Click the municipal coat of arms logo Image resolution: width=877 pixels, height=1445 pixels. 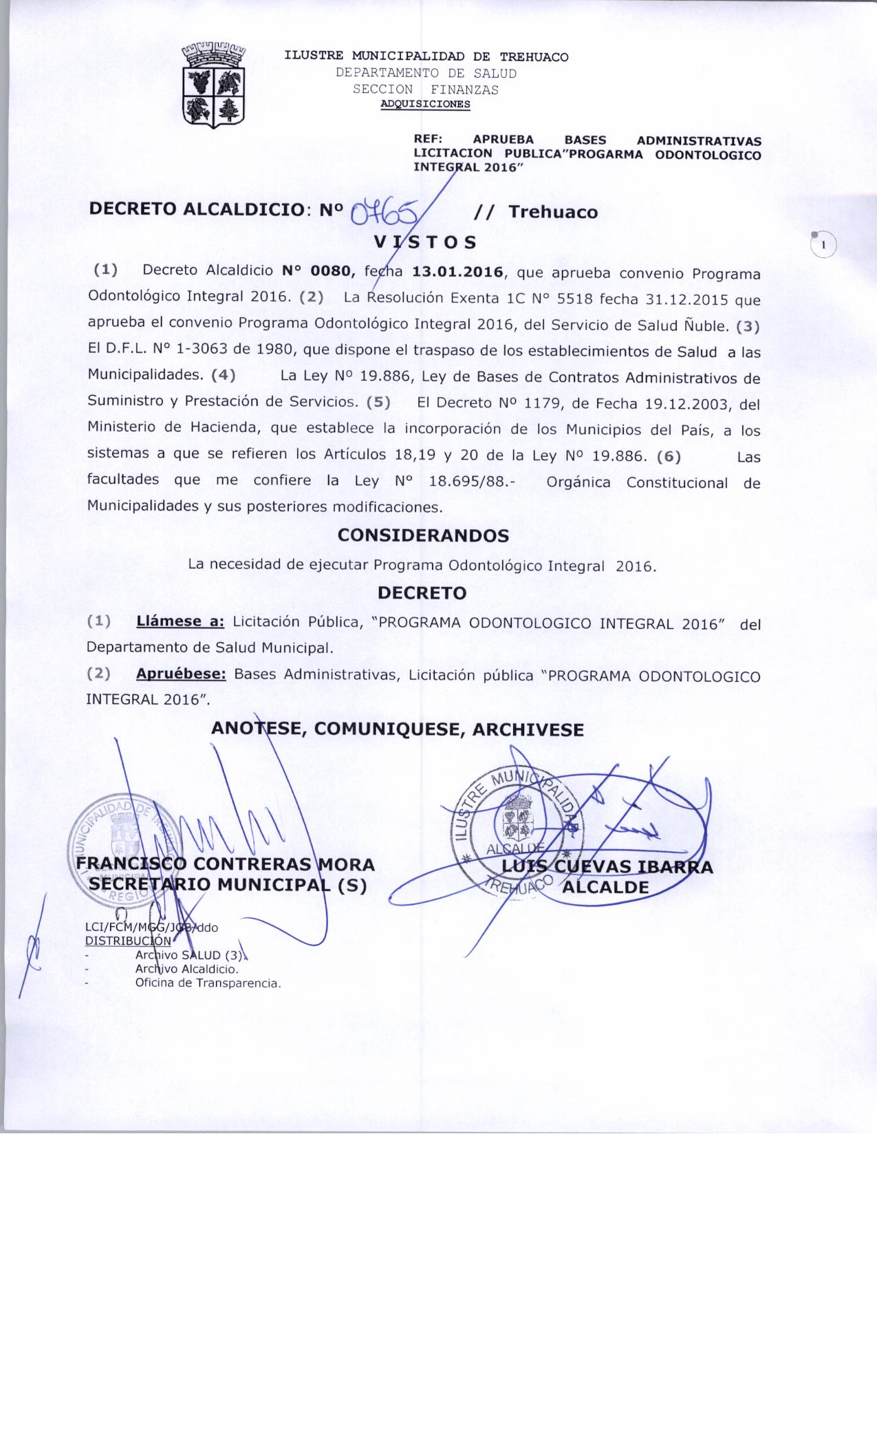pos(214,85)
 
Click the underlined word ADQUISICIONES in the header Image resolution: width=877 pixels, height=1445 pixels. pos(426,105)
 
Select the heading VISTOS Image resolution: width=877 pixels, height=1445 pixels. pos(425,242)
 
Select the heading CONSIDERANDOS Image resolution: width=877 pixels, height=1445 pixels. pos(424,535)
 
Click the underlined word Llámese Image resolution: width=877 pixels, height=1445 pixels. pos(180,622)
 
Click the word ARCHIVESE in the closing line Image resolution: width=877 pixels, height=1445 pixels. pos(528,729)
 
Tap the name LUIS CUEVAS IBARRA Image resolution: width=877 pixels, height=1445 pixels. pos(608,867)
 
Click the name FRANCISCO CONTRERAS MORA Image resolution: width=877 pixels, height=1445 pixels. pos(226,864)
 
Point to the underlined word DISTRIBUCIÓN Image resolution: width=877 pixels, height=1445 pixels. pos(128,940)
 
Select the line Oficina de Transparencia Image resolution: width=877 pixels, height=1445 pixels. pos(208,983)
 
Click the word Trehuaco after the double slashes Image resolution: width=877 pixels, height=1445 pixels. pos(553,212)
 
